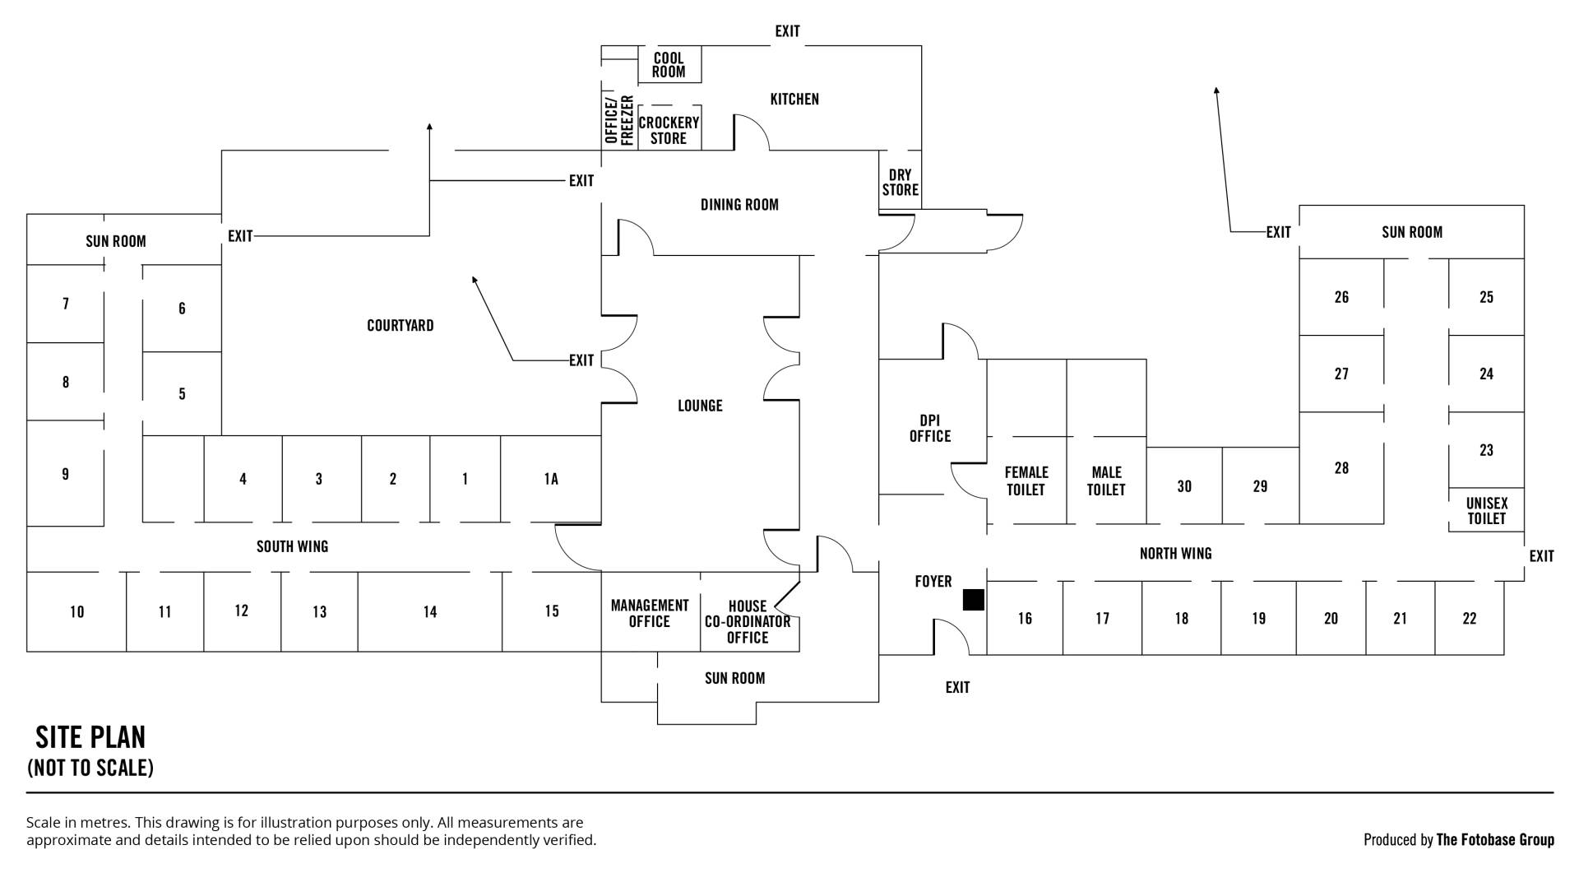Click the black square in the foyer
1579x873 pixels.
[x=973, y=600]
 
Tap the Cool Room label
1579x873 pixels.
[x=669, y=65]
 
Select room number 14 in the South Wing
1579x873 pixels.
[x=430, y=612]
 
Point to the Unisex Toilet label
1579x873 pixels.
[x=1486, y=511]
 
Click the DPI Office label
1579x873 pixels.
[x=930, y=429]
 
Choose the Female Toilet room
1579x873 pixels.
[x=1026, y=481]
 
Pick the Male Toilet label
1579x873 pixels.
[x=1106, y=481]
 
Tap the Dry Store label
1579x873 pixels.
[x=901, y=183]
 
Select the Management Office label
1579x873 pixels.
[x=650, y=614]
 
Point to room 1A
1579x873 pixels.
[x=551, y=479]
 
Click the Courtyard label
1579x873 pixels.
[x=400, y=326]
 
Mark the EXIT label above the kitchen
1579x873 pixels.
[x=787, y=31]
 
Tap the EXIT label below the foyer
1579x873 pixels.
[x=957, y=687]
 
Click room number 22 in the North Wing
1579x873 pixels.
[x=1470, y=619]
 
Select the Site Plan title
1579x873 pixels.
[x=90, y=736]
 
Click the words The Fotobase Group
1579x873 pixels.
[x=1495, y=840]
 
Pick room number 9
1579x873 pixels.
[x=66, y=474]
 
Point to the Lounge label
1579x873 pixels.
[x=700, y=406]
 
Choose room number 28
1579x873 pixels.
[x=1341, y=468]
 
